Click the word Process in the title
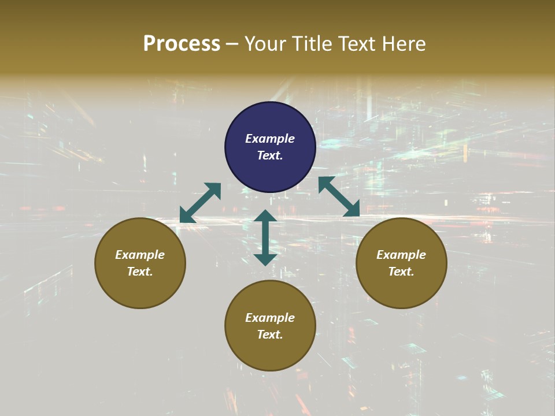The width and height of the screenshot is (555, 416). [182, 44]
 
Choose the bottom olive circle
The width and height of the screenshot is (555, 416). [270, 352]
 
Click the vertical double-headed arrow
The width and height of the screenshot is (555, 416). [265, 237]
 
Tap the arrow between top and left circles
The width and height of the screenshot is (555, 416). [200, 203]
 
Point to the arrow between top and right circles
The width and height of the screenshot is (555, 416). [339, 196]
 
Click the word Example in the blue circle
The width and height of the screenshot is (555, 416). [270, 139]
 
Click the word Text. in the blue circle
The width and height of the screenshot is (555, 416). [270, 155]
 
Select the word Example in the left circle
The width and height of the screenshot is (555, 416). [140, 255]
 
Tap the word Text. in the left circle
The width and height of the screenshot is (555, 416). [140, 272]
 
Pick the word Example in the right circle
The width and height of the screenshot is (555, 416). [401, 255]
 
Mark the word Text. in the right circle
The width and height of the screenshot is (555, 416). [401, 272]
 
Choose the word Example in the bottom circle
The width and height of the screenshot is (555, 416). [270, 318]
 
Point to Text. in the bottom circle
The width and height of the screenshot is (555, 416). [270, 335]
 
